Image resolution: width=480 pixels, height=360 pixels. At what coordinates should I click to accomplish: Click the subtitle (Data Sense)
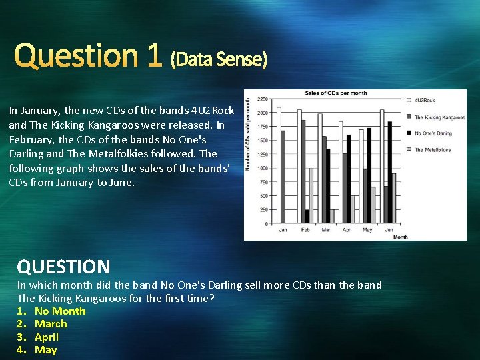tap(219, 60)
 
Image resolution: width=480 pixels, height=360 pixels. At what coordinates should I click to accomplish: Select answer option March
tap(51, 324)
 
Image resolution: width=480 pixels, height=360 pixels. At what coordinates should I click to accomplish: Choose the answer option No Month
tap(60, 311)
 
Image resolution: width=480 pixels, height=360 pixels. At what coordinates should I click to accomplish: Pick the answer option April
tap(47, 337)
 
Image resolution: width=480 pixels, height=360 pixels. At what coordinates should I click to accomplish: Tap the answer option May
tap(46, 350)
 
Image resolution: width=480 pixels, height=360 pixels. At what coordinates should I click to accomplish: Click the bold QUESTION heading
tap(63, 267)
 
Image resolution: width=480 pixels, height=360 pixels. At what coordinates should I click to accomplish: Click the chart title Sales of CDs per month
tap(336, 93)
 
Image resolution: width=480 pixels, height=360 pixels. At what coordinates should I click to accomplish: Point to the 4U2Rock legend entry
tap(424, 100)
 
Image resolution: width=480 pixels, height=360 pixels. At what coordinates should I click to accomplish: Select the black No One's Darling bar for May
tap(369, 176)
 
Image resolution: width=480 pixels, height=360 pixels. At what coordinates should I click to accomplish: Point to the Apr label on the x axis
tap(346, 231)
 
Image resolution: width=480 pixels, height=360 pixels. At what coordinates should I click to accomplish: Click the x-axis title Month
tap(400, 237)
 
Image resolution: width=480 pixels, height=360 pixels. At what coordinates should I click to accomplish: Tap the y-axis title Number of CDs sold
tap(249, 132)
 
